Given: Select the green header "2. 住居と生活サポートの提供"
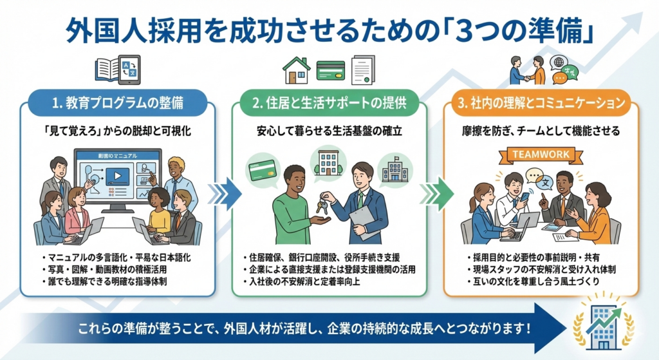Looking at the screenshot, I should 329,102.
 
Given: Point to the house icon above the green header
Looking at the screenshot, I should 297,70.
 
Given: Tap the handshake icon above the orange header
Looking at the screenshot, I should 528,70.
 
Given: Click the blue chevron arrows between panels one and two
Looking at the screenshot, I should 227,192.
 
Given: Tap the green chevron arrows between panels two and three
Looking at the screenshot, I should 438,192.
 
